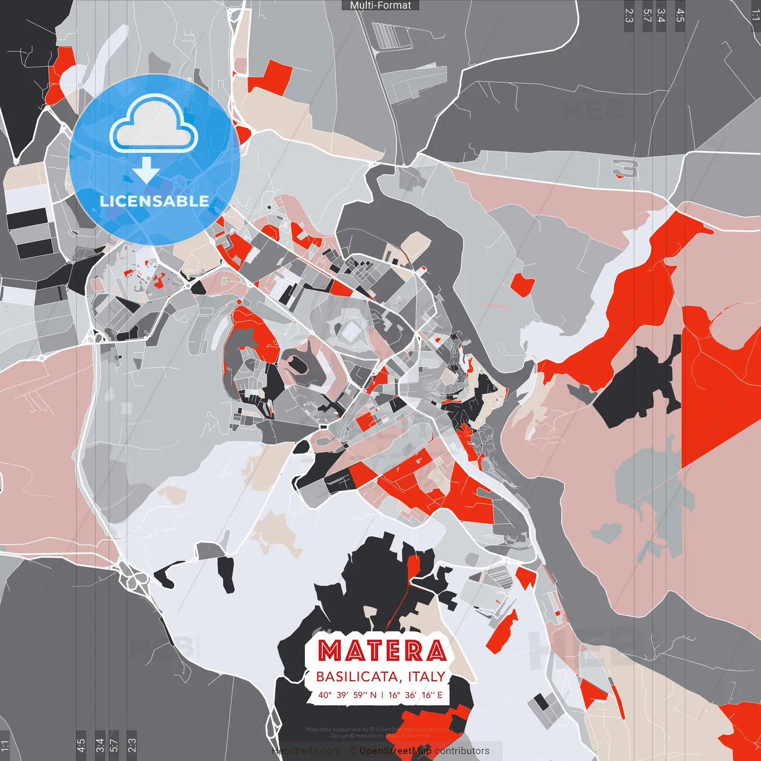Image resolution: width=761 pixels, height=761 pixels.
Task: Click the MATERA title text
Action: click(382, 650)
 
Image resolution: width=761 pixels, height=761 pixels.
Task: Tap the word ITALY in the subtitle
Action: click(427, 677)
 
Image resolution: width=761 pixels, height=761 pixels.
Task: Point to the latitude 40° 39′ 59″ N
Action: click(347, 694)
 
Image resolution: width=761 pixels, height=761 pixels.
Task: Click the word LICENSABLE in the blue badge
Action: click(154, 201)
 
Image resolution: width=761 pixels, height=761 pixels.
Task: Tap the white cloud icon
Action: click(154, 126)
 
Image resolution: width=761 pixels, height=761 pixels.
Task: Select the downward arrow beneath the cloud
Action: click(146, 171)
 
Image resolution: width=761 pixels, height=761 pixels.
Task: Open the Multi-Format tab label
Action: click(380, 5)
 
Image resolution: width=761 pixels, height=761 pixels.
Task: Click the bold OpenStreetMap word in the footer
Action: click(395, 751)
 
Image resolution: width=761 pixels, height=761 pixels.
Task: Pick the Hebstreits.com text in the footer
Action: click(306, 751)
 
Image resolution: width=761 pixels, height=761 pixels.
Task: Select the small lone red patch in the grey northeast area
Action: click(523, 284)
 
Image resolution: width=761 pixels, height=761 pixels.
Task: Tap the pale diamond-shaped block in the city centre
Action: click(351, 330)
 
